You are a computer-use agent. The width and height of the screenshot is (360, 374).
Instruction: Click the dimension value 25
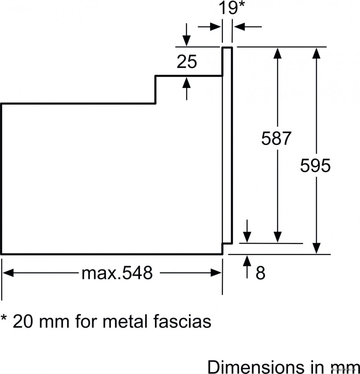point(187,62)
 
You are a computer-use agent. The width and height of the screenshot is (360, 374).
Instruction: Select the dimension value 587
point(275,138)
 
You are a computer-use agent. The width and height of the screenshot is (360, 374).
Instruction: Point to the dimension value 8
point(261,273)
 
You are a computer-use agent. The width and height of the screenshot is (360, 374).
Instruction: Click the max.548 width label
point(117,273)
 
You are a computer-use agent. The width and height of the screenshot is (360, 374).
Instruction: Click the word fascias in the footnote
point(182,321)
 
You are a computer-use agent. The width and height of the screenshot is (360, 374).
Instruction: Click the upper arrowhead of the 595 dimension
point(316,53)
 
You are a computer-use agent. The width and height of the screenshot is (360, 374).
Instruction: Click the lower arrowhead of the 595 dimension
point(316,248)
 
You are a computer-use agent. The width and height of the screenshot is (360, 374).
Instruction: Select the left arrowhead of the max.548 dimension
point(8,273)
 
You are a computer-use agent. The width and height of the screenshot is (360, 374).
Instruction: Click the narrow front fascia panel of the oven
point(227,147)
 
